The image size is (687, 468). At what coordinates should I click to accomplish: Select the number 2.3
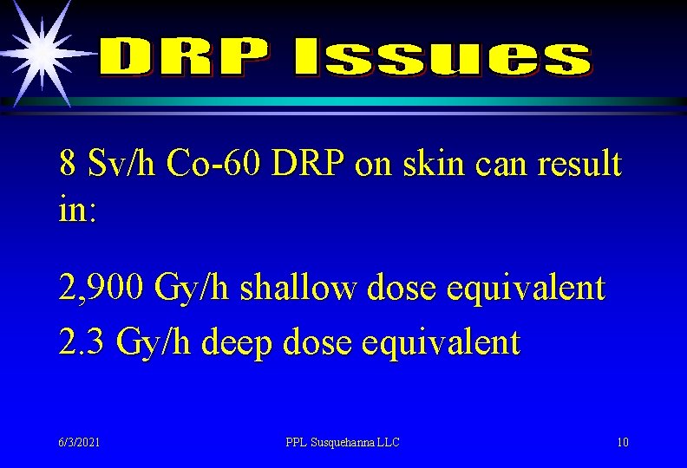point(82,341)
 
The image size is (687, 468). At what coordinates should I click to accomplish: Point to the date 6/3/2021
point(80,442)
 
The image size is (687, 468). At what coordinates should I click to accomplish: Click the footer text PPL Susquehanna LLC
point(343,442)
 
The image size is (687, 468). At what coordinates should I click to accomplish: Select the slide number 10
point(622,442)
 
